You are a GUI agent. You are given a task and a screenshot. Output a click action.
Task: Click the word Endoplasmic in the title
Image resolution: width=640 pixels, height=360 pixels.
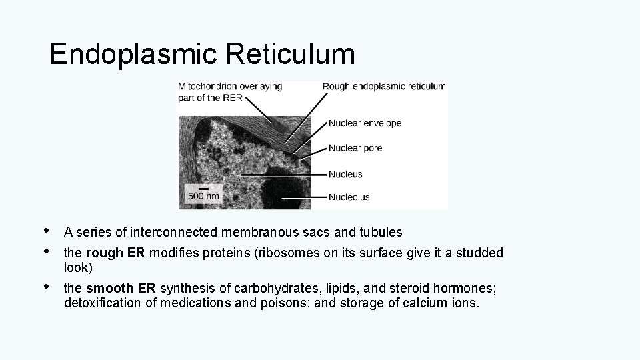(133, 55)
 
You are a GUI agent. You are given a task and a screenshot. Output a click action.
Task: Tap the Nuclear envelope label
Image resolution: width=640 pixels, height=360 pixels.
(365, 123)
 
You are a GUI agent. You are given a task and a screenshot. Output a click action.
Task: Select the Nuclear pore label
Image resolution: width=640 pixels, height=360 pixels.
(355, 148)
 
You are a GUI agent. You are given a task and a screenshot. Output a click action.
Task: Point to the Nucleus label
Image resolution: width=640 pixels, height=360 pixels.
(345, 174)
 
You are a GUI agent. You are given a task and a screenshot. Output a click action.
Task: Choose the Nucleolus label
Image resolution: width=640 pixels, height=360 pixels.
(349, 197)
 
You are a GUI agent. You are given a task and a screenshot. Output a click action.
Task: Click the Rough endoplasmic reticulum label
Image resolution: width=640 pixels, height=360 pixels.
(384, 86)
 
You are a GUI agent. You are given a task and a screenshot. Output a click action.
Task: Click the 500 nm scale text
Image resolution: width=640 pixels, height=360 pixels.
(203, 196)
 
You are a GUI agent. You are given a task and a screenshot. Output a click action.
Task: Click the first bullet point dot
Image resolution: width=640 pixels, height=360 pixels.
(45, 231)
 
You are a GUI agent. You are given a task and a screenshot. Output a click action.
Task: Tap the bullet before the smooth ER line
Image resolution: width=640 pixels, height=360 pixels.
(45, 287)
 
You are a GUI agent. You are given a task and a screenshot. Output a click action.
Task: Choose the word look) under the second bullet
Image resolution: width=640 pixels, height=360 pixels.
(78, 268)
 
